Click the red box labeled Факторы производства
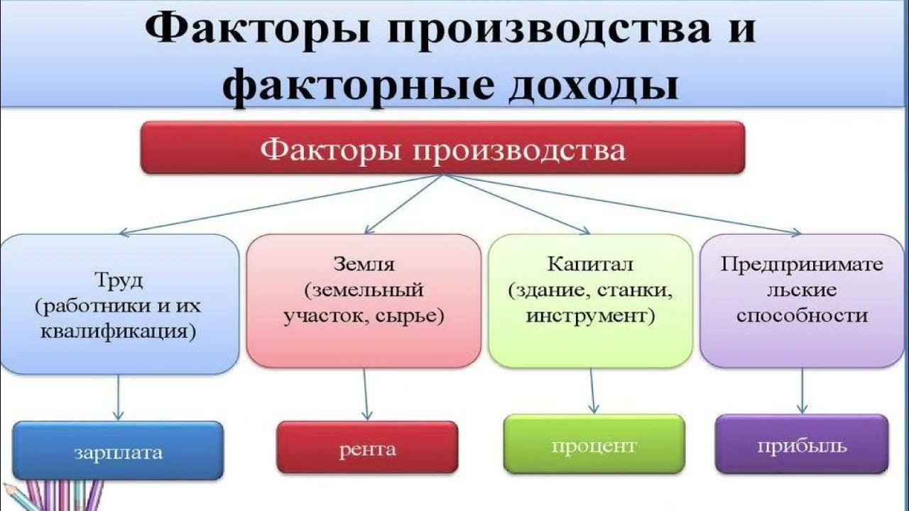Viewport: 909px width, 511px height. [x=442, y=148]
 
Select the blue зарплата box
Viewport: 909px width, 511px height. [x=118, y=451]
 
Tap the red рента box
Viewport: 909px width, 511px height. [x=367, y=448]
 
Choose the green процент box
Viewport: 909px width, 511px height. [x=594, y=445]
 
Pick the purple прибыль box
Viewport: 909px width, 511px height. [x=801, y=445]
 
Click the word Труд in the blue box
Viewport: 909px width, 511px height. [x=119, y=280]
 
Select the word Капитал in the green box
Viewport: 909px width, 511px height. [x=590, y=265]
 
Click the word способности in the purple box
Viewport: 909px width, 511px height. [x=802, y=315]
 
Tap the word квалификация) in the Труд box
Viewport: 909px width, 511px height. [x=119, y=331]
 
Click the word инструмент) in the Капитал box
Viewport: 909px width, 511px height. [x=590, y=315]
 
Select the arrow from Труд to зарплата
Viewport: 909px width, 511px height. [x=119, y=397]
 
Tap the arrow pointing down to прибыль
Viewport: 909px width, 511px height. [x=802, y=390]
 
